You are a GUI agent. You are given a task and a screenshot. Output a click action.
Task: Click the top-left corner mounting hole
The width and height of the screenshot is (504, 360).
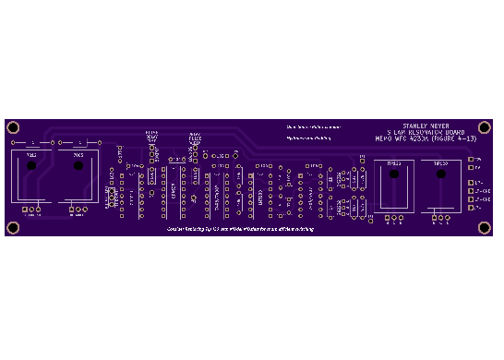13,126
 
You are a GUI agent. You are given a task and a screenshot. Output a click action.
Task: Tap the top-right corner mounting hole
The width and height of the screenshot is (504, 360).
485,126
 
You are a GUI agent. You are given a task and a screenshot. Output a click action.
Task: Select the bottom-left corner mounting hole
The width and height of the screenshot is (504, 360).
13,227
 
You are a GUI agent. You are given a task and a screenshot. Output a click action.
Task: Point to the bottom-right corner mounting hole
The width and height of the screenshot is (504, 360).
485,227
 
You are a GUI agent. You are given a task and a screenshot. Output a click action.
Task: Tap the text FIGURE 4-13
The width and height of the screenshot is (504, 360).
457,138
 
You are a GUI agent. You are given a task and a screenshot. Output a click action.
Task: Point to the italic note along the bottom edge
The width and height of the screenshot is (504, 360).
240,228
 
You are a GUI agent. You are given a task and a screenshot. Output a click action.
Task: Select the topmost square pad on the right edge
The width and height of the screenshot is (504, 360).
471,159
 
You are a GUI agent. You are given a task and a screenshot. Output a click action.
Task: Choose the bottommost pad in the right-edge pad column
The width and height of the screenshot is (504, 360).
471,208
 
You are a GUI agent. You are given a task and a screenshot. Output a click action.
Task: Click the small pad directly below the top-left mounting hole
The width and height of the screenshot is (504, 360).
13,143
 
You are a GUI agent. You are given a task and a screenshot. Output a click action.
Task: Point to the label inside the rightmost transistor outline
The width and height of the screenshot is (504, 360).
441,163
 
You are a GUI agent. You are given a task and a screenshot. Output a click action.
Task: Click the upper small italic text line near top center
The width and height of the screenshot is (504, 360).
313,126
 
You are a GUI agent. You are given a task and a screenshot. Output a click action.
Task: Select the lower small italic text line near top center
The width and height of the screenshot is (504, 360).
309,138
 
